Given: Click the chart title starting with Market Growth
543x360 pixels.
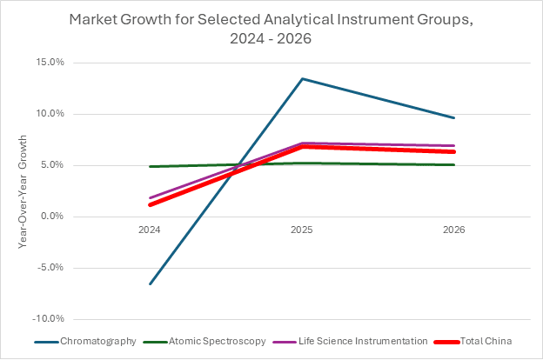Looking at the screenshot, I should click(x=271, y=28).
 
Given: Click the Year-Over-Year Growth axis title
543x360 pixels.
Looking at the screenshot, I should click(x=23, y=191).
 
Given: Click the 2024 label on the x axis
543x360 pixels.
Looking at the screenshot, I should click(x=150, y=230).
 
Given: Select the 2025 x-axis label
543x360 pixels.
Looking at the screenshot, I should click(x=302, y=230).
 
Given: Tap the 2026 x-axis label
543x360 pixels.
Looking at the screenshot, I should click(x=453, y=230).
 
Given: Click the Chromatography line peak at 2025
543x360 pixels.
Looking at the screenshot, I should click(x=302, y=79).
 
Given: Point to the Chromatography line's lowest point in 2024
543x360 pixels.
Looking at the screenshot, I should click(x=150, y=283).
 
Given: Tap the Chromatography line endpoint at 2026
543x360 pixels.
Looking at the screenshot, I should click(x=453, y=117).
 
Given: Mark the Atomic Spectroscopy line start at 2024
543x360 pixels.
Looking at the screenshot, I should click(x=150, y=166).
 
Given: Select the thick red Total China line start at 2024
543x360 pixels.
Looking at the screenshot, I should click(x=150, y=204).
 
